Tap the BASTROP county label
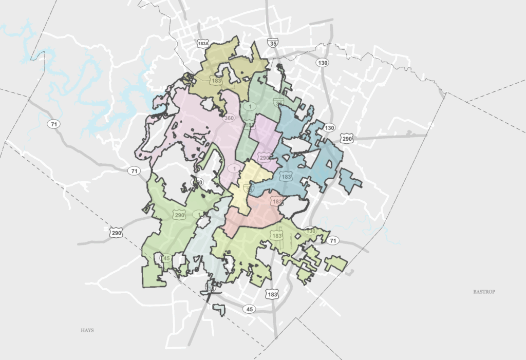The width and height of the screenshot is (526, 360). (484, 292)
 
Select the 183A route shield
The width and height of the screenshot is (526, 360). (203, 44)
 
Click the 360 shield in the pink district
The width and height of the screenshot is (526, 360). (229, 118)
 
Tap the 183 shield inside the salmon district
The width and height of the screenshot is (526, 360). (277, 202)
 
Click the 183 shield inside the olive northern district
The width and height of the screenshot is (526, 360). (216, 81)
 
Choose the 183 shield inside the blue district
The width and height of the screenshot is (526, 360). (286, 177)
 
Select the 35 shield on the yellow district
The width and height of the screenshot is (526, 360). (250, 189)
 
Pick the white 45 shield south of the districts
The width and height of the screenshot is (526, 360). (250, 309)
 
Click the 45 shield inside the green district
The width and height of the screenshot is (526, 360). (166, 258)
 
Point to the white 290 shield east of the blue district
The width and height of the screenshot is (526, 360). (348, 139)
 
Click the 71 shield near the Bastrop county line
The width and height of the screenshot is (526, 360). (333, 240)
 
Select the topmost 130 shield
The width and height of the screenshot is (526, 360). (323, 63)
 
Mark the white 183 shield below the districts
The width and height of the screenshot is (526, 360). (272, 295)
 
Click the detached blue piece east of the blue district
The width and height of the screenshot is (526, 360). (350, 180)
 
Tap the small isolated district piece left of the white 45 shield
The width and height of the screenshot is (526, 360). (219, 309)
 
